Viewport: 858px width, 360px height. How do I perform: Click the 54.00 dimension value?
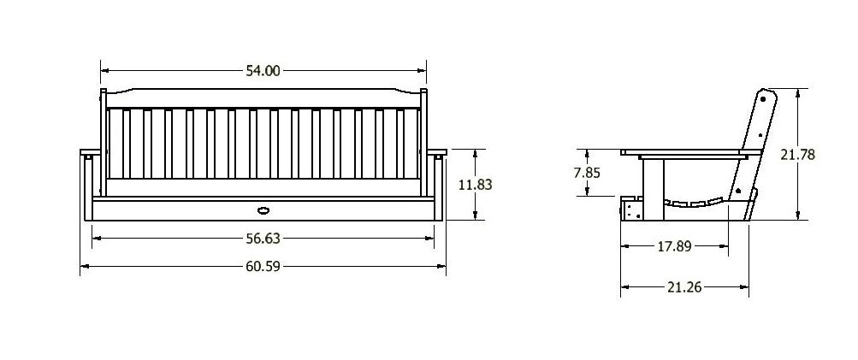(263, 71)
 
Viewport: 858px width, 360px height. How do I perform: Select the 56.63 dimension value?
(263, 238)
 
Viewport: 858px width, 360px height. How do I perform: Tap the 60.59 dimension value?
(263, 268)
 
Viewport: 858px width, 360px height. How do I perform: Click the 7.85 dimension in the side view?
(587, 172)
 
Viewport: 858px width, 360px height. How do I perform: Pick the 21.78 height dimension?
(797, 155)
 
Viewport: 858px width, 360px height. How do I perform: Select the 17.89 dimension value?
(675, 246)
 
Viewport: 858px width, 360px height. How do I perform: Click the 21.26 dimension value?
(684, 287)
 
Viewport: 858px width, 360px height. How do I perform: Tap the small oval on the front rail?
(263, 209)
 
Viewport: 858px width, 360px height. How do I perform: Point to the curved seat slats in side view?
(693, 204)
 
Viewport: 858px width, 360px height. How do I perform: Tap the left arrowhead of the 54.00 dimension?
(104, 71)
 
